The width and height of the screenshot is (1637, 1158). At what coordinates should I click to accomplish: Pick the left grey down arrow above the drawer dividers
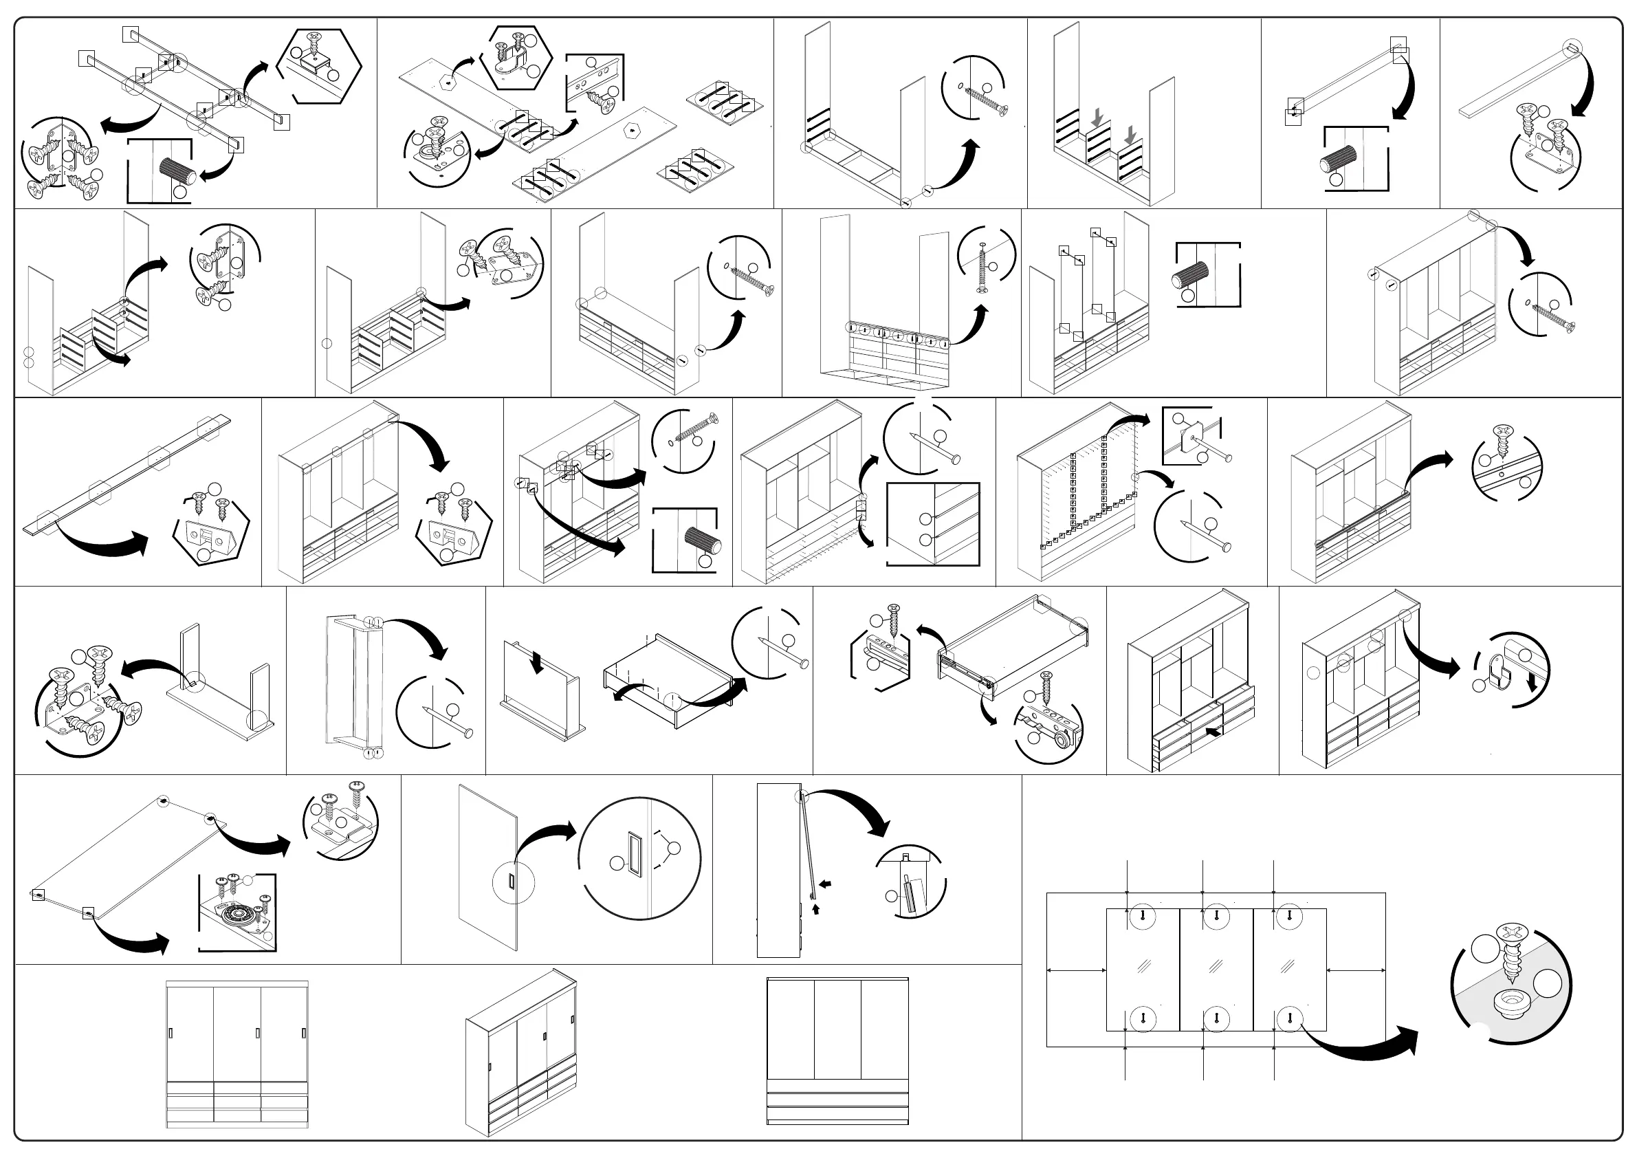[1097, 117]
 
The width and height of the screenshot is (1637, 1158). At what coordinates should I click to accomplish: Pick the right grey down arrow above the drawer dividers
[1130, 133]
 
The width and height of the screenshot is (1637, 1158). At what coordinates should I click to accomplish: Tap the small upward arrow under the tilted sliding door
[815, 908]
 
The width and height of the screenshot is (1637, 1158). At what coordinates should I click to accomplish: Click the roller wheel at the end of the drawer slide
[1062, 741]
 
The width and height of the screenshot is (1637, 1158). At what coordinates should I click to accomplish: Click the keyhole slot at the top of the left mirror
[1143, 915]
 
